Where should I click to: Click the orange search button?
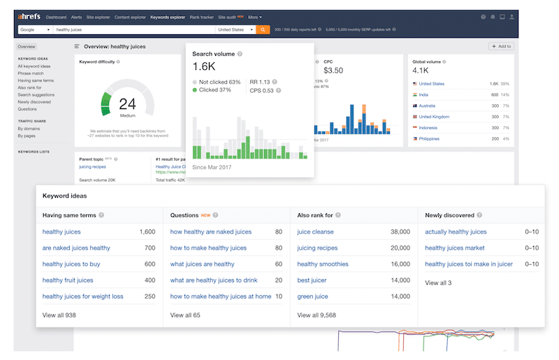(263, 30)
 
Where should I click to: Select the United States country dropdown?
(235, 30)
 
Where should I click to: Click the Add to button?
(501, 47)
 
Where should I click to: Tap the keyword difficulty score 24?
(127, 104)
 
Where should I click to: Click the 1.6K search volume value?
(203, 66)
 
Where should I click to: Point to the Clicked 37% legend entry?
(215, 89)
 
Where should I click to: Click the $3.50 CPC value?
(333, 71)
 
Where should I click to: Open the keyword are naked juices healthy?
(76, 248)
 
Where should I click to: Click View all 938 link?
(59, 315)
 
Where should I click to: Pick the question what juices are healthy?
(202, 264)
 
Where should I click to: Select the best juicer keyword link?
(312, 280)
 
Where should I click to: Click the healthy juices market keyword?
(454, 248)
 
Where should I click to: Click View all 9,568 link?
(317, 315)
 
